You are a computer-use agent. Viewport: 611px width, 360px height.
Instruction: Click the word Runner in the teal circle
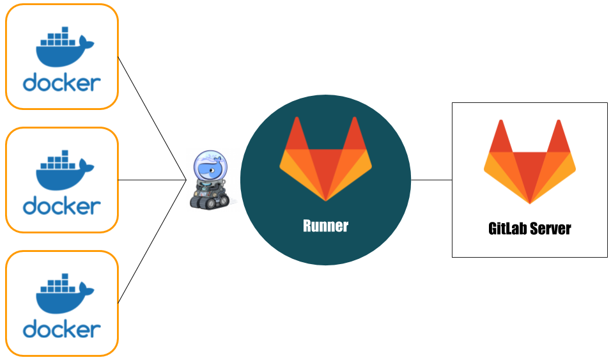[x=325, y=226]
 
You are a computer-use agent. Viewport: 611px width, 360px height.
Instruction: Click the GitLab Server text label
[x=529, y=228]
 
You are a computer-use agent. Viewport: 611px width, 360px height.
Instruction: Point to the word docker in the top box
[x=62, y=82]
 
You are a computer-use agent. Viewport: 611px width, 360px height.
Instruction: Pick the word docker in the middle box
[x=62, y=206]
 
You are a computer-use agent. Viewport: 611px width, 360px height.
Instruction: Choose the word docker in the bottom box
[x=62, y=329]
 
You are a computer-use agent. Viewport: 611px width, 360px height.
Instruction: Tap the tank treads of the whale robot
[x=209, y=201]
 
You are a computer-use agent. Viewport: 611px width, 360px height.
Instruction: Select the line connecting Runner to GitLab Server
[x=431, y=180]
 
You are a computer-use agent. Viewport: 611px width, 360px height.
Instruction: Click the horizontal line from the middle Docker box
[x=152, y=180]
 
